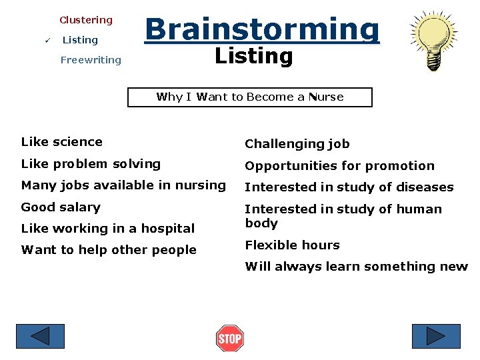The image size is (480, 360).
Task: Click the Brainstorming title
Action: (262, 29)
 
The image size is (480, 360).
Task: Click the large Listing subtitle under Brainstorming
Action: (253, 57)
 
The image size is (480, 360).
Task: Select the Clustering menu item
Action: (86, 20)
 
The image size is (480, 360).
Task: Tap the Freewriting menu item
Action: (91, 60)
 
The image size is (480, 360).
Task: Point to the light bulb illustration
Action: (433, 41)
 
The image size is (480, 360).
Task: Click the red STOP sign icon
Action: (230, 339)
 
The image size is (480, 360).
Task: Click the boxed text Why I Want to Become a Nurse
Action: (249, 97)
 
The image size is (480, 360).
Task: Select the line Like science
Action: (62, 141)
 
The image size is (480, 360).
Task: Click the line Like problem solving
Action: (91, 163)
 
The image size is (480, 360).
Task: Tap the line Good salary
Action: (61, 207)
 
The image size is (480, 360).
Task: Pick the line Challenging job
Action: (297, 144)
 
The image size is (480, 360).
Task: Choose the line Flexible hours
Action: (292, 245)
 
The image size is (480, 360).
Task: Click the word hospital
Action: (169, 229)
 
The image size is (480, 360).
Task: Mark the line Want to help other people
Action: (109, 250)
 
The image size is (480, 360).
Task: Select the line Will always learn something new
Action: (356, 267)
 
